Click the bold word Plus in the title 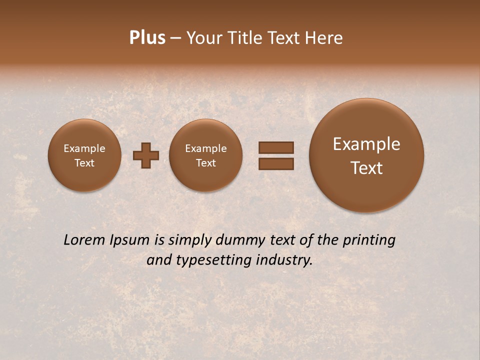147,38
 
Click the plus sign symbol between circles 146,155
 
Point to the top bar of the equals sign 275,147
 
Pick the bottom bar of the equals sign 275,163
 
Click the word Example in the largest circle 366,144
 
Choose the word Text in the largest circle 366,168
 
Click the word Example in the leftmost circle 84,148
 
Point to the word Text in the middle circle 205,163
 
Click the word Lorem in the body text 84,240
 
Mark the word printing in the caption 369,240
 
